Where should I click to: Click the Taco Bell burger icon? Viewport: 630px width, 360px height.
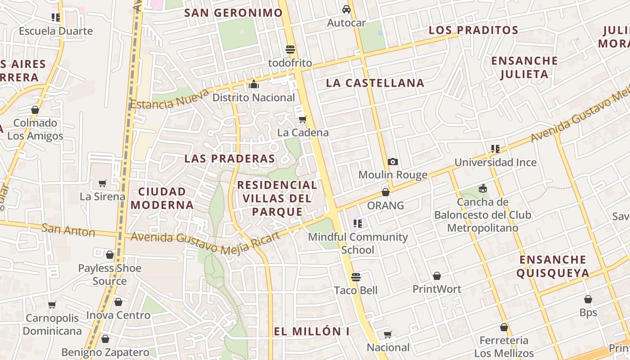point(356,277)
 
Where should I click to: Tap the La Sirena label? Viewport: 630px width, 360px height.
point(103,197)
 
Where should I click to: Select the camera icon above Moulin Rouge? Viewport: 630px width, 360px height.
point(393,162)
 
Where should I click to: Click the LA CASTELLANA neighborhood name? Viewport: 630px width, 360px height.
point(375,83)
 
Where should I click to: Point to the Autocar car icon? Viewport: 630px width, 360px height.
point(346,9)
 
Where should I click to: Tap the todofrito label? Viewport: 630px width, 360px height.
point(290,63)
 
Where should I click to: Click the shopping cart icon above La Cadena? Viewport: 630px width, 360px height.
point(303,119)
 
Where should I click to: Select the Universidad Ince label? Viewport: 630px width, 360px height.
point(495,162)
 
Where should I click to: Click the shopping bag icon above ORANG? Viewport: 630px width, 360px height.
point(386,192)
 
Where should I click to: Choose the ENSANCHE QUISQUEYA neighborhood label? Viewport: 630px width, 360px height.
point(553,266)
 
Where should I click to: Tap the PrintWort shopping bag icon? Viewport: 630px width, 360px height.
point(436,275)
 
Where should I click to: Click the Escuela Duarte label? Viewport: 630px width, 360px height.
point(56,31)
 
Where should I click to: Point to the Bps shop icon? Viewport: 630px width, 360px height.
point(588,299)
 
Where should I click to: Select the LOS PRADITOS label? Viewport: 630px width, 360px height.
point(473,30)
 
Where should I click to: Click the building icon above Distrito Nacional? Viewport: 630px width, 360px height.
point(254,84)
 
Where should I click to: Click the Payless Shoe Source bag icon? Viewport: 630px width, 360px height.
point(110,255)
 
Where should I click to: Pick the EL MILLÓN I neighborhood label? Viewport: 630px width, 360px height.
point(312,332)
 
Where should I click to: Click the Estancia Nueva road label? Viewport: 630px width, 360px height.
point(170,99)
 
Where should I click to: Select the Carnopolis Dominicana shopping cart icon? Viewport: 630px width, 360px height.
point(52,305)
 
